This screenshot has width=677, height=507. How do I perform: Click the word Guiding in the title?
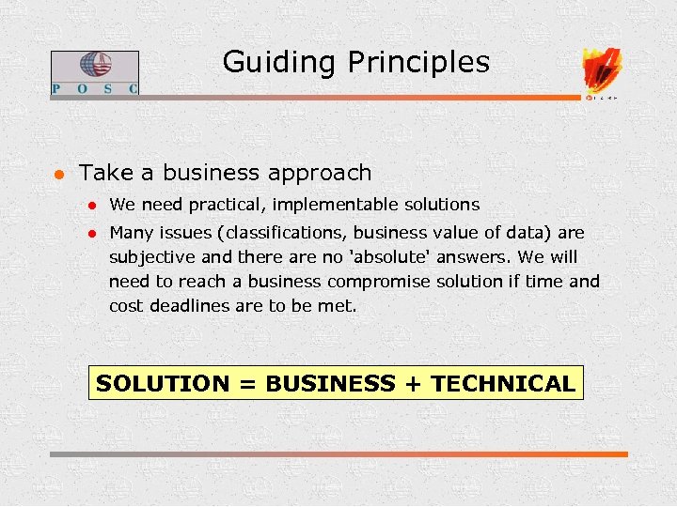click(281, 63)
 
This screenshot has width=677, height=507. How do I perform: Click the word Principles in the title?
click(418, 63)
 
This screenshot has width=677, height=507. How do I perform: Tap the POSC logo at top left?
click(94, 72)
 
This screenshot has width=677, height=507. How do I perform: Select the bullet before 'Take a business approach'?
click(58, 174)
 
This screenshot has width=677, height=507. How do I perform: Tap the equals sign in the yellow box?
click(247, 383)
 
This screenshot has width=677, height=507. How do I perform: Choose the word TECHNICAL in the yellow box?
click(503, 383)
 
